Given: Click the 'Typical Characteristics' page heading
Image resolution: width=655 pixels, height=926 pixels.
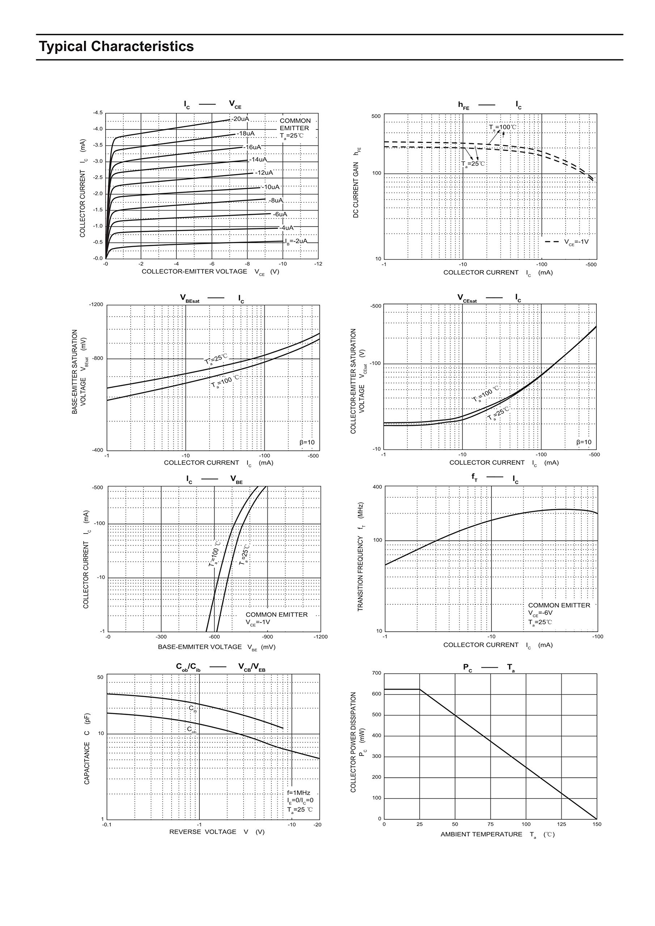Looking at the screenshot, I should (x=116, y=47).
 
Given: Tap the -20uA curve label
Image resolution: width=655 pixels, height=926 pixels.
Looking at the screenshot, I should (x=240, y=119).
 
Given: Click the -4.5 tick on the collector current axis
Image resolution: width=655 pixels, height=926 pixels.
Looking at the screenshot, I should (x=98, y=113).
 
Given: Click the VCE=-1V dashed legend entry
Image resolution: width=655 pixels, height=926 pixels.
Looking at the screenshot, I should (x=567, y=242).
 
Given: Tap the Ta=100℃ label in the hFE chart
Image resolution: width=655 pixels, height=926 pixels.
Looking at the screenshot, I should (x=502, y=127).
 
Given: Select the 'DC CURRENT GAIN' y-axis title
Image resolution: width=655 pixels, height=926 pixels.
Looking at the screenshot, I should (x=356, y=190).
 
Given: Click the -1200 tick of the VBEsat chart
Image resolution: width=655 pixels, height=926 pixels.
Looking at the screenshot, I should (x=96, y=305).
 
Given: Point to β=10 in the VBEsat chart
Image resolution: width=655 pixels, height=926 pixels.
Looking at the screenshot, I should (x=307, y=442).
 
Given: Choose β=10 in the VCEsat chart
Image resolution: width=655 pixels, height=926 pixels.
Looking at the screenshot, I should (x=584, y=442).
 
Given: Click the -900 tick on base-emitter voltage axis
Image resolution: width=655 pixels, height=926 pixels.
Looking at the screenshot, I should (x=267, y=637).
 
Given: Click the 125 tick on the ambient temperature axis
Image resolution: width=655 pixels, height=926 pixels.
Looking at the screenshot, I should (x=561, y=824).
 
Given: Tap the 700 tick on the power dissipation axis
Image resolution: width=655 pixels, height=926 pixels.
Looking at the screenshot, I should (x=376, y=673).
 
